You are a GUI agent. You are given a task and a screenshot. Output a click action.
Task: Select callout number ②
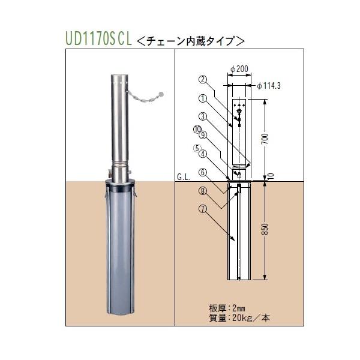point(202,79)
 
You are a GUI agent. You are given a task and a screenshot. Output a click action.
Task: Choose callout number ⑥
point(202,172)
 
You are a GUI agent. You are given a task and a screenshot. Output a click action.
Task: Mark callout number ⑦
point(202,210)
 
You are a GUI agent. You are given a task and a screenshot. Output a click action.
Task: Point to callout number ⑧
point(202,191)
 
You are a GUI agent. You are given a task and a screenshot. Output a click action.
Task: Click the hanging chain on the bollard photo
point(143,97)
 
